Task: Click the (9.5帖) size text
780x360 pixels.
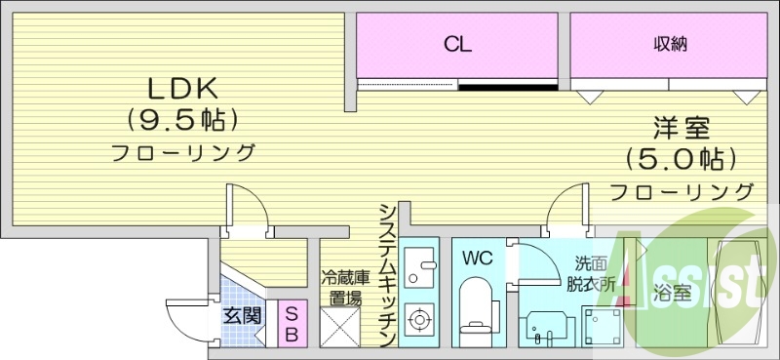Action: pos(180,119)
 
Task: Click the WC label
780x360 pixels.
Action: pos(477,259)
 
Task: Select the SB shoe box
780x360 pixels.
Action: pos(291,323)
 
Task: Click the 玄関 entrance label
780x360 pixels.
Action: pos(241,315)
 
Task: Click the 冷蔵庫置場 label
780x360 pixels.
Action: pos(340,285)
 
